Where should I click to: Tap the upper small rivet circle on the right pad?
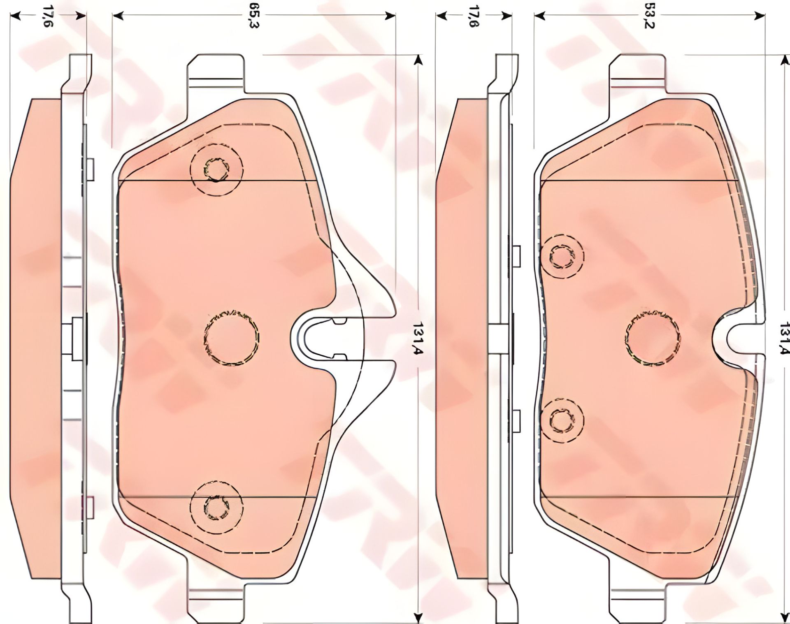[562, 257]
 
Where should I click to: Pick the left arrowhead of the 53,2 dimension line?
[539, 16]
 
